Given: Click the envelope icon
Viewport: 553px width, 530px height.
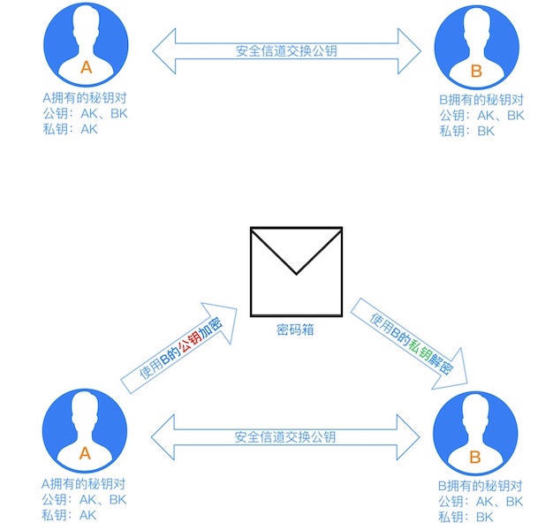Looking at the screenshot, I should point(296,270).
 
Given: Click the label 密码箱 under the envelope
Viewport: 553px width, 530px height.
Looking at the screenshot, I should point(296,330).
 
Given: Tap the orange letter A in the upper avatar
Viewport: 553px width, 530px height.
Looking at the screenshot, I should point(86,67).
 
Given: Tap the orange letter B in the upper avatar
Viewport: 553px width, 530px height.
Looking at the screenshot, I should point(476,71).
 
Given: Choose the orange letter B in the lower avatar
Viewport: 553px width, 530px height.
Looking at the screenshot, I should point(474,457).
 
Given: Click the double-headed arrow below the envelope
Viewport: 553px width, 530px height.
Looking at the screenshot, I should point(285,436).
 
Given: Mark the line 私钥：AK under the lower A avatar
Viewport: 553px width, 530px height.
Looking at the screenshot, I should point(69,515).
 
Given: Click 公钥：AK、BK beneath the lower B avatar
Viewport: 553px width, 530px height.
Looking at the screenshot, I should point(481,501).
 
